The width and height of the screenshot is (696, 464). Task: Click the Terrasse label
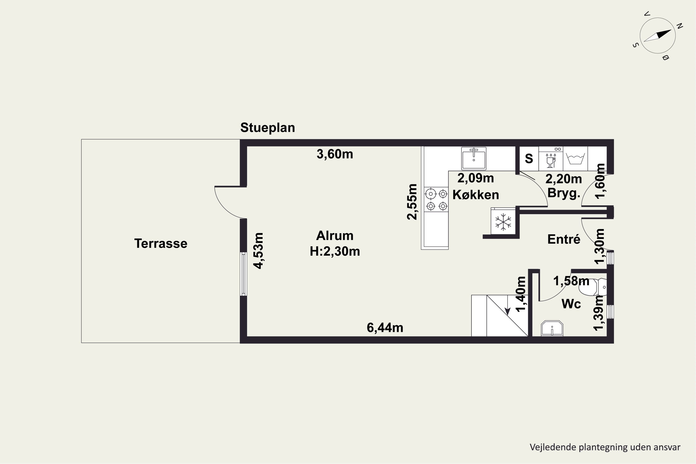pos(161,244)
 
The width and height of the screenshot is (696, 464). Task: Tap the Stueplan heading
pos(267,128)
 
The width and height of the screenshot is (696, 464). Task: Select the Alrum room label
pos(335,236)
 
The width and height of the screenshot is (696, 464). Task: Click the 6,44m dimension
pos(385,328)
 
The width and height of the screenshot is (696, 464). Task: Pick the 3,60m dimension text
pos(335,154)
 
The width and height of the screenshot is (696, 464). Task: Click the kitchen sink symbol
pos(474,158)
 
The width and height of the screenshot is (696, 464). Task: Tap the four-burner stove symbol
pos(436,200)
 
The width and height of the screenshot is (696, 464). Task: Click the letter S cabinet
pos(529,159)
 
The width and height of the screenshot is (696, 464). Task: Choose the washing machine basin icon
pos(575,159)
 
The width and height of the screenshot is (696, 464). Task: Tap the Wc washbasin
pos(552,328)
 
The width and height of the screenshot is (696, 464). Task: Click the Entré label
pos(564,239)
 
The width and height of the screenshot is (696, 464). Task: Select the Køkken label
pos(476,195)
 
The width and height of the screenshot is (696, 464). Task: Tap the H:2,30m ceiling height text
pos(335,251)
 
